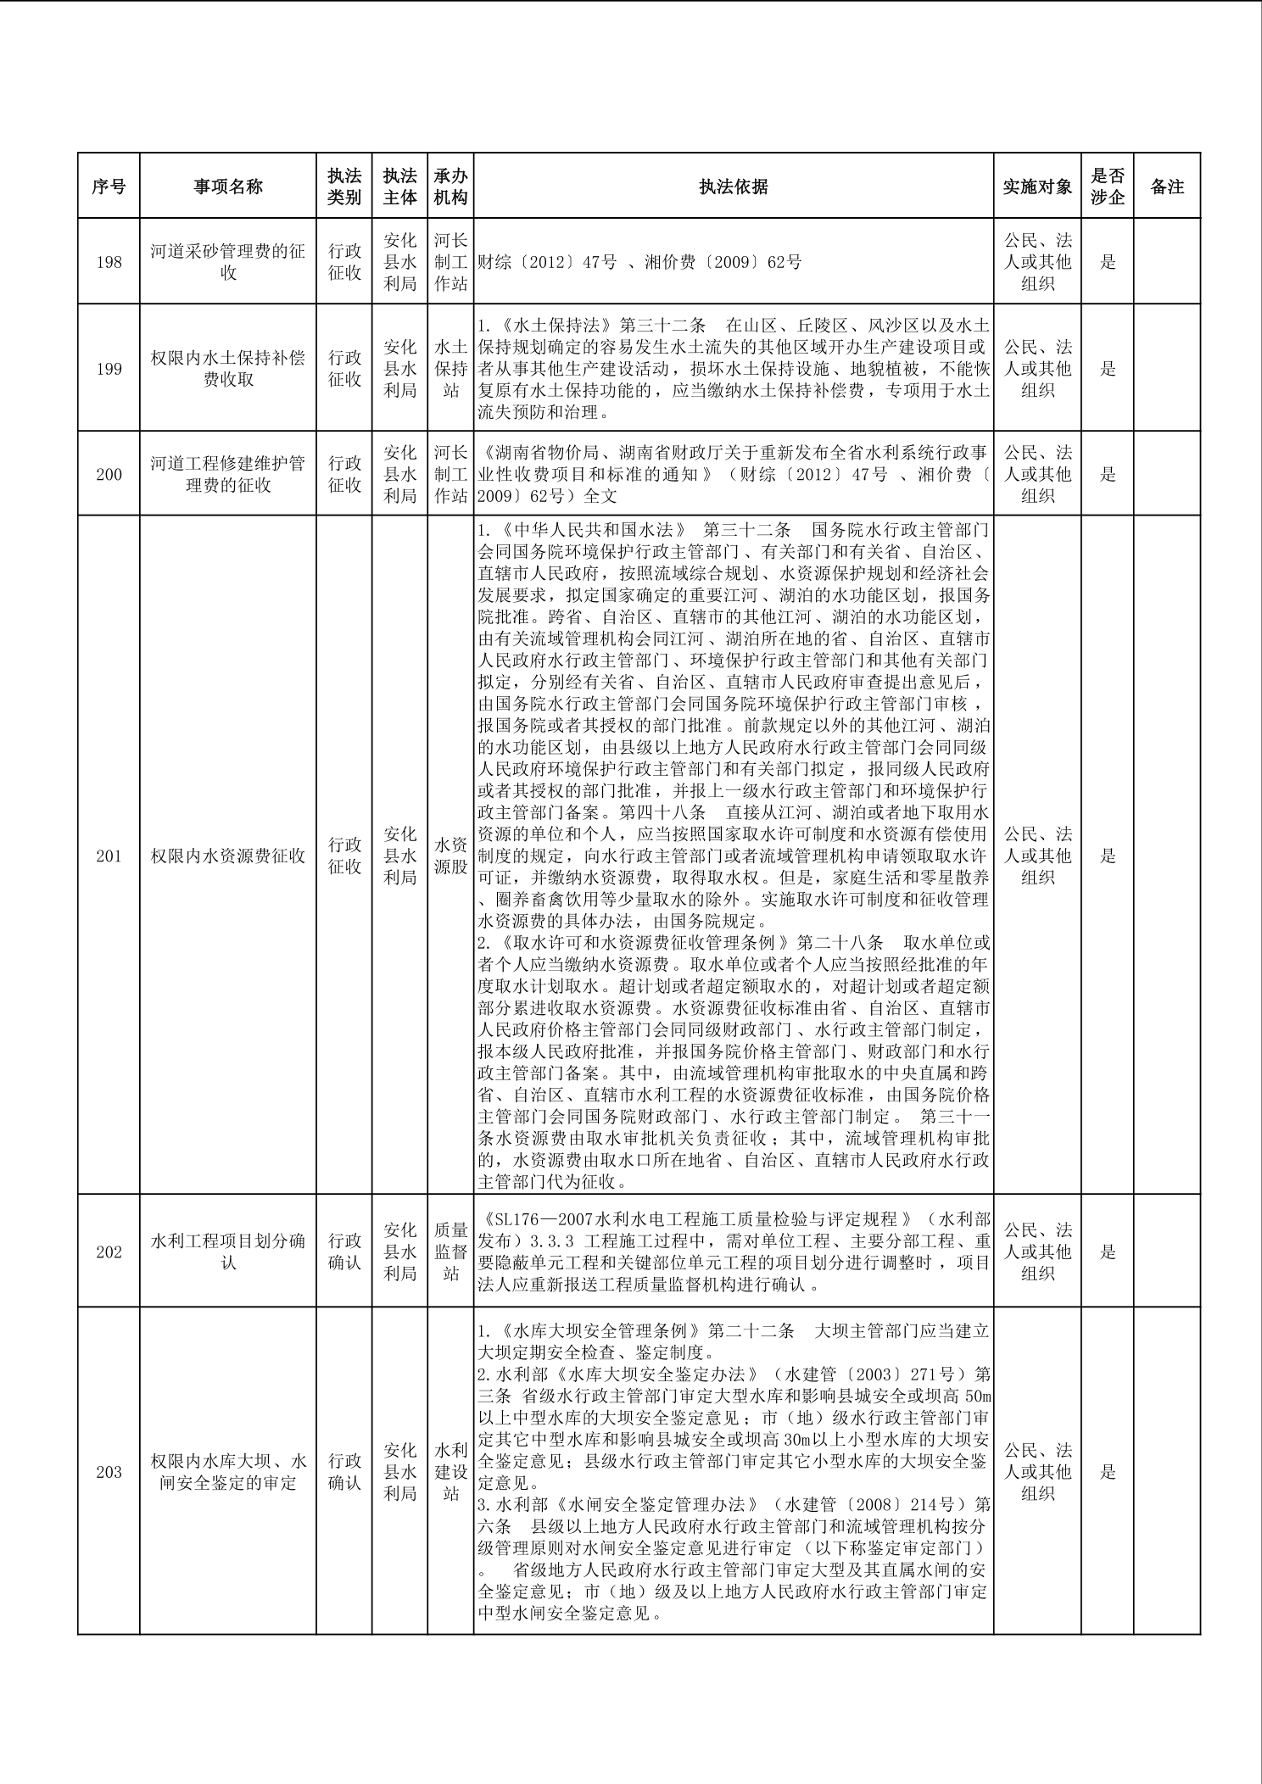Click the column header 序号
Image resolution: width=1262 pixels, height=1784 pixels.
tap(109, 187)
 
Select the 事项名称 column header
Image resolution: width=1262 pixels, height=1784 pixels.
tap(228, 187)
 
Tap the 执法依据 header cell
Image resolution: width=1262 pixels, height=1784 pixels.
tap(734, 187)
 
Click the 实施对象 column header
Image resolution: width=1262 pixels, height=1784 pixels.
tap(1037, 187)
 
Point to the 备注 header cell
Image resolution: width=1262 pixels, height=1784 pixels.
tap(1167, 187)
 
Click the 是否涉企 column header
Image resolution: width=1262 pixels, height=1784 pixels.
tap(1108, 187)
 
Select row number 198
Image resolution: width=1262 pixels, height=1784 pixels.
tap(109, 262)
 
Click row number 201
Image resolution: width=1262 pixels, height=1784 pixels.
tap(109, 856)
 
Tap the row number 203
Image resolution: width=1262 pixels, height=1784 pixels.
tap(109, 1472)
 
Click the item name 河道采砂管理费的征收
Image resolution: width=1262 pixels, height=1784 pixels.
tap(228, 262)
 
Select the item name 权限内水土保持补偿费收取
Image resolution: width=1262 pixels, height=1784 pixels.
tap(228, 368)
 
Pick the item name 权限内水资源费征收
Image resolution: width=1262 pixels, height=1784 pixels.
tap(228, 856)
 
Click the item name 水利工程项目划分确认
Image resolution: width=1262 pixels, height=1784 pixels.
tap(228, 1252)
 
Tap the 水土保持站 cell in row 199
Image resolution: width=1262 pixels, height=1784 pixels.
tap(451, 368)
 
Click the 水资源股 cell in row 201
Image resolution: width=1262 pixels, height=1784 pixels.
tap(451, 856)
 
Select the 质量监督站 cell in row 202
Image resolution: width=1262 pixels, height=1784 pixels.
tap(451, 1252)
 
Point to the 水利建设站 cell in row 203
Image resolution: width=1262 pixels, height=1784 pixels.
tap(451, 1472)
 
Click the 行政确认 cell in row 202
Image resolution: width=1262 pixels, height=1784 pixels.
tap(344, 1252)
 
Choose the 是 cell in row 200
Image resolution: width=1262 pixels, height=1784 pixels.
tap(1108, 474)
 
